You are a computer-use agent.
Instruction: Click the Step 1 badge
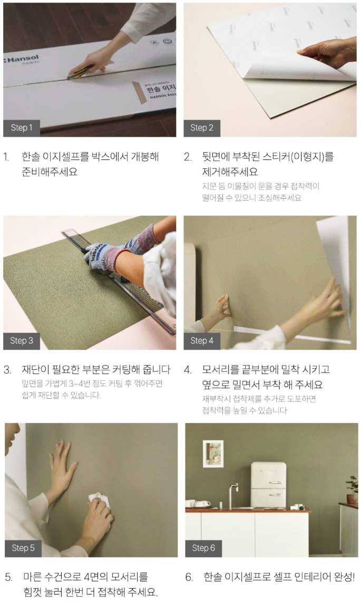(22, 128)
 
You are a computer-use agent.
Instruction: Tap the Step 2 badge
(202, 128)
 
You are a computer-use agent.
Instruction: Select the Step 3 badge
(22, 341)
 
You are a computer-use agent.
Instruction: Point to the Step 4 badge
(202, 341)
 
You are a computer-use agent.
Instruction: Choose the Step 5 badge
(23, 548)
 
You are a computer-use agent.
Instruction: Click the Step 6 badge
(203, 548)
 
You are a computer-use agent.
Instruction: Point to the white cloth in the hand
(99, 500)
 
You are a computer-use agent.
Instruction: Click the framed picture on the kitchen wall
(213, 454)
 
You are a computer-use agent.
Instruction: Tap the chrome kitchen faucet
(232, 495)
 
